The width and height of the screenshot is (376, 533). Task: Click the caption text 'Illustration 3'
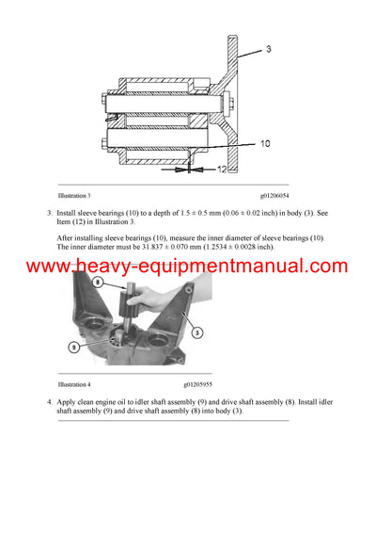pyautogui.click(x=74, y=195)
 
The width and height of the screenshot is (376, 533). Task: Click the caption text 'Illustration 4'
pyautogui.click(x=74, y=385)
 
